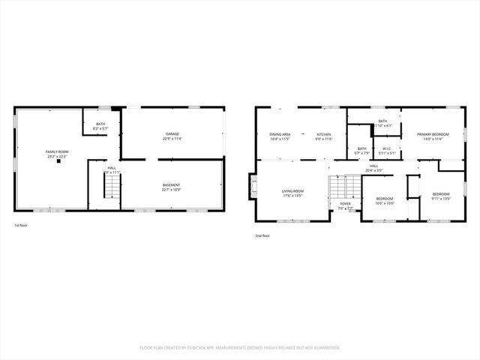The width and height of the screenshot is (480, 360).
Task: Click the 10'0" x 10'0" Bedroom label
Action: (x=384, y=201)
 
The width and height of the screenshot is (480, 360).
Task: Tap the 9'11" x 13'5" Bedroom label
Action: (x=441, y=197)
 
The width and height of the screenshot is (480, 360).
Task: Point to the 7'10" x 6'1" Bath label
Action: (x=382, y=124)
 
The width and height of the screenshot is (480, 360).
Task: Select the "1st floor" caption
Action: (x=22, y=226)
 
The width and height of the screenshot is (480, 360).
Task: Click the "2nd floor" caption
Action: (x=262, y=235)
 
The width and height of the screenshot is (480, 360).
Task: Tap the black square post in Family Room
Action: (x=58, y=162)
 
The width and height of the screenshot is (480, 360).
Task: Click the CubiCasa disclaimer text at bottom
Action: (x=240, y=347)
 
